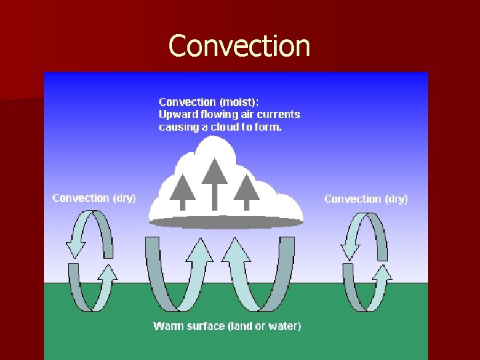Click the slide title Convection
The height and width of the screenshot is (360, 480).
(239, 46)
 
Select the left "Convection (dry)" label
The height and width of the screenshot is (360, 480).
(94, 198)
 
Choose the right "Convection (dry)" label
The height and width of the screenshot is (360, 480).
(366, 199)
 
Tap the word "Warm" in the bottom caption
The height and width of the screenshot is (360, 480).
(167, 326)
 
